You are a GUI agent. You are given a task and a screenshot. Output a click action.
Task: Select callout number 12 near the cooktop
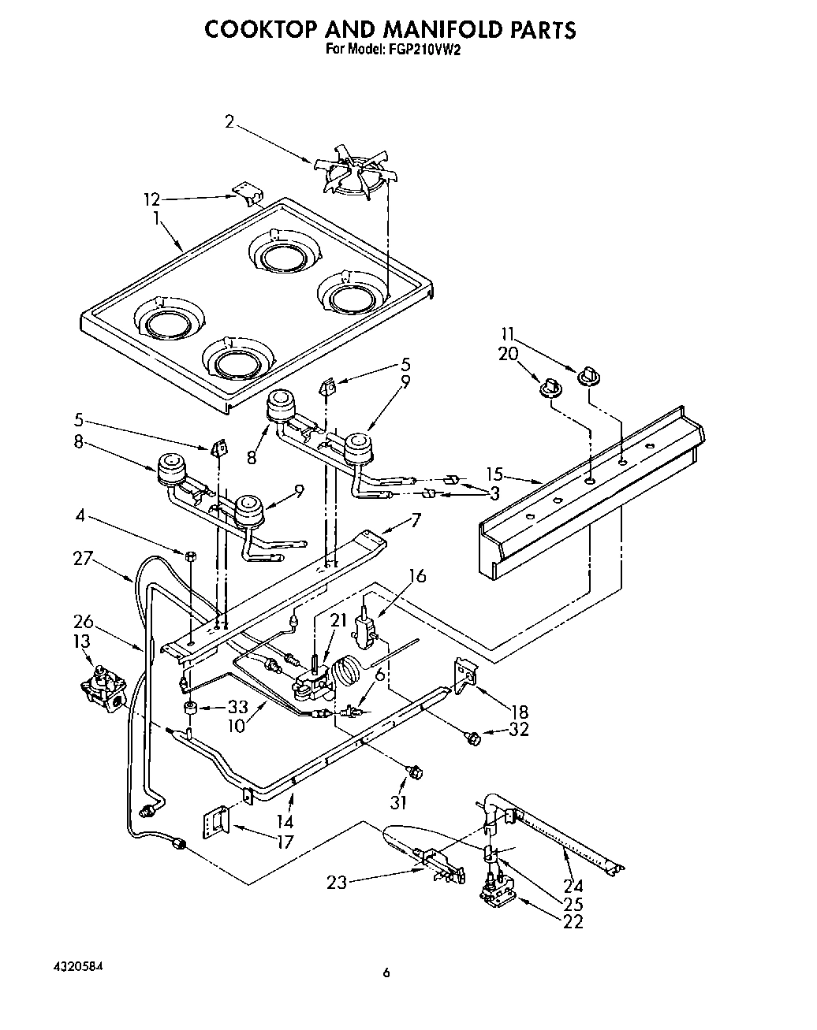(x=151, y=200)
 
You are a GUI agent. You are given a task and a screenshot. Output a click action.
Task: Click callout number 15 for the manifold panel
(x=494, y=475)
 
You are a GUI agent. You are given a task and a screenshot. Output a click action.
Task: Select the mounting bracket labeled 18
(x=467, y=674)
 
